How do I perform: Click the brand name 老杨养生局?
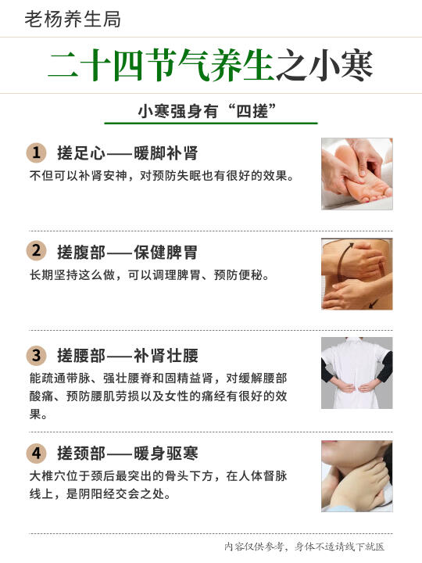[73, 19]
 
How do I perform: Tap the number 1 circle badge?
[36, 152]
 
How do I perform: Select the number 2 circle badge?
[36, 251]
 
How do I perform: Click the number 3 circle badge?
[36, 356]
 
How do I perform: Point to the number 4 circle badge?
[36, 453]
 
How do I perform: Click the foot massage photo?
[357, 174]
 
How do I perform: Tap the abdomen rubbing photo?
[357, 274]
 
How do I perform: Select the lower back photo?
[357, 373]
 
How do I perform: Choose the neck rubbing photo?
[357, 476]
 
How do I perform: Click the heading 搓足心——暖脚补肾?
[127, 153]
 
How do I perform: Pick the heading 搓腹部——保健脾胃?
[127, 252]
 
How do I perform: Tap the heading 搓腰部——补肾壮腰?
[127, 356]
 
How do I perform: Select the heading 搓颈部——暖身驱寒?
[127, 453]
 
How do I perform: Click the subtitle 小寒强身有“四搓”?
[207, 111]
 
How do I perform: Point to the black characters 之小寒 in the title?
[324, 65]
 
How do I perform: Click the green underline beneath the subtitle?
[211, 124]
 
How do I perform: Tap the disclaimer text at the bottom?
[304, 547]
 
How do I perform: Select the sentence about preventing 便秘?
[149, 275]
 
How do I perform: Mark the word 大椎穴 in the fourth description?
[48, 476]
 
